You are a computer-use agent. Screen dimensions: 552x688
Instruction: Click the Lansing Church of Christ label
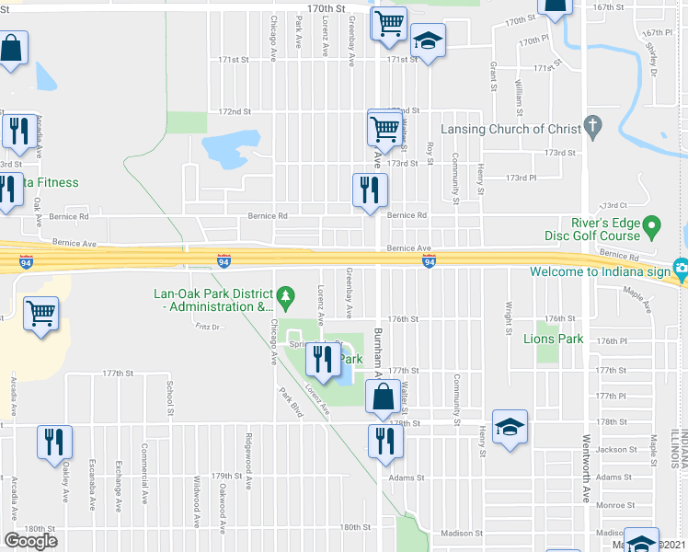pyautogui.click(x=508, y=128)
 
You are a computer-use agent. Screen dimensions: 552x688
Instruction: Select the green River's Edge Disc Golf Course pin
pyautogui.click(x=652, y=224)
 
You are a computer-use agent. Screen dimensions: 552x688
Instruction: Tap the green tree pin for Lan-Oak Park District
pyautogui.click(x=286, y=294)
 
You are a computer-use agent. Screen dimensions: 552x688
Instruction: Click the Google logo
pyautogui.click(x=30, y=541)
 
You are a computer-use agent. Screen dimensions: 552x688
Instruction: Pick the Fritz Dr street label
pyautogui.click(x=210, y=327)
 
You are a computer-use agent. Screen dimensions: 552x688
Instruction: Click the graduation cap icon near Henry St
pyautogui.click(x=510, y=427)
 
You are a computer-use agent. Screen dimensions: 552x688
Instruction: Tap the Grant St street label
pyautogui.click(x=494, y=70)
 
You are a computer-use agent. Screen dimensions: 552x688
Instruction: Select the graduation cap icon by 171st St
pyautogui.click(x=428, y=40)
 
